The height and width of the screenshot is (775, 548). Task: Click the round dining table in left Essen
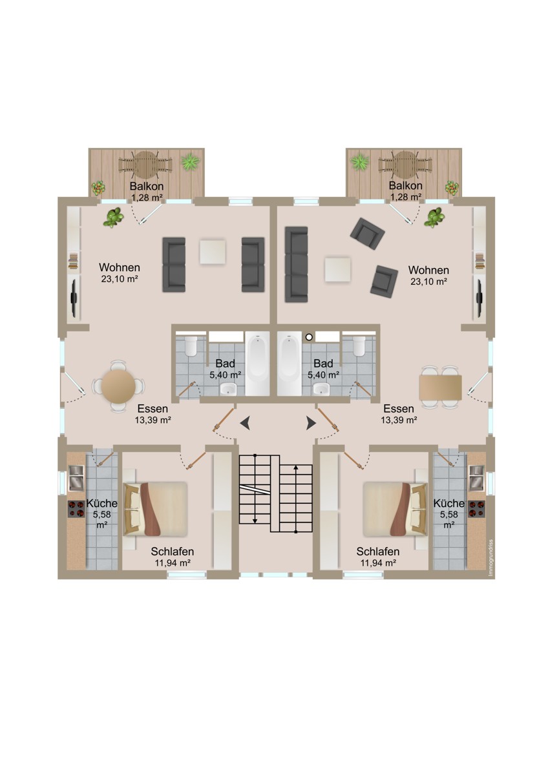point(118,386)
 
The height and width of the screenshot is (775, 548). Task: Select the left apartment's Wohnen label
point(120,267)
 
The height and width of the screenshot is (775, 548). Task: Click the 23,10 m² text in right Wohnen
point(428,282)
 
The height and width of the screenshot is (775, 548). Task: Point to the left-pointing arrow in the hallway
point(246,423)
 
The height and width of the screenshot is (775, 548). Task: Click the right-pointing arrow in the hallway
point(311,423)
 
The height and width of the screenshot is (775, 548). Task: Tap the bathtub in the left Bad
point(257,363)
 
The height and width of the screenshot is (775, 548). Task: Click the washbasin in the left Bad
point(228,389)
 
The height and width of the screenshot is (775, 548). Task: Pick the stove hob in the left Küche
point(76,509)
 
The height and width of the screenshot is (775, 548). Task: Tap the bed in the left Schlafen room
point(155,509)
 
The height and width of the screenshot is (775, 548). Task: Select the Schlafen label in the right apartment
point(377,551)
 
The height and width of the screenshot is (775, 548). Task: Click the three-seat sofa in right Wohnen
point(297,264)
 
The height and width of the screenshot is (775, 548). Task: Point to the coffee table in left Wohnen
point(213,252)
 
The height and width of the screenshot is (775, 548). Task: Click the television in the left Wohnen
point(74,298)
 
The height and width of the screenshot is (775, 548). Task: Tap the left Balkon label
point(147,186)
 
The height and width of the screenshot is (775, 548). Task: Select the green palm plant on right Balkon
point(361,161)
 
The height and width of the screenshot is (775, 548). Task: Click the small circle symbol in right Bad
point(309,336)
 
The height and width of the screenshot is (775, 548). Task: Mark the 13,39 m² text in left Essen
point(153,420)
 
